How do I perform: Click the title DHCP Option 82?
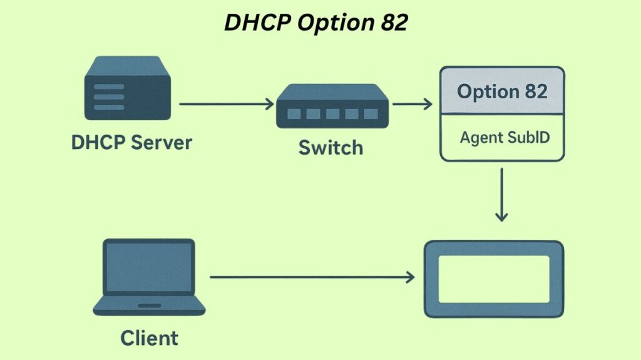[316, 23]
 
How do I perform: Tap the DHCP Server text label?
[131, 142]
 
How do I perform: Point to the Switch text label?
[331, 148]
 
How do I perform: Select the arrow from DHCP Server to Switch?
[226, 104]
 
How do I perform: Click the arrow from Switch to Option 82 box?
[412, 104]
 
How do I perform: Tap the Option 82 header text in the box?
[502, 91]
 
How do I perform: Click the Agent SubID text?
[505, 137]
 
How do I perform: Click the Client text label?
[149, 339]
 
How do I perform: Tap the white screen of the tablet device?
[494, 279]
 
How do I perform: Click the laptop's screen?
[150, 267]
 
